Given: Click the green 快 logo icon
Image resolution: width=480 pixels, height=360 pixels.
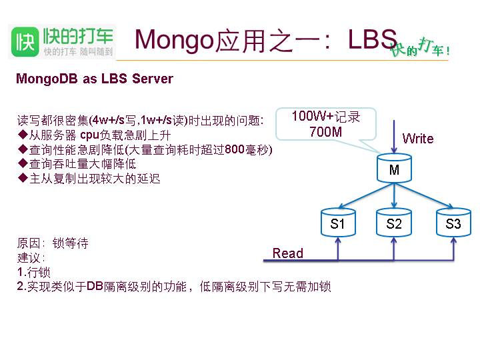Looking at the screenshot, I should pos(25,41).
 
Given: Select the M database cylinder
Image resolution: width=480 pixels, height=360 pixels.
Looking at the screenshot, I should pos(394,170).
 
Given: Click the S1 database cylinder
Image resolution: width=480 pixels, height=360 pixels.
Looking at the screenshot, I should pos(338,224).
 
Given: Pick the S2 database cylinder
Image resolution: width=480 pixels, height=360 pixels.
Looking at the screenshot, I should pos(394,224).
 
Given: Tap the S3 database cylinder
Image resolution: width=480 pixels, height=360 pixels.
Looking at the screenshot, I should pos(453,224).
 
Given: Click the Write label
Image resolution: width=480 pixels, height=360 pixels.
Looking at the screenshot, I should pos(418,139).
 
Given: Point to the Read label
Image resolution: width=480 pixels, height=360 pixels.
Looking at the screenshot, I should pos(288,253).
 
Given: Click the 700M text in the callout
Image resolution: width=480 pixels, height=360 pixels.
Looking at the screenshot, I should pos(325,132).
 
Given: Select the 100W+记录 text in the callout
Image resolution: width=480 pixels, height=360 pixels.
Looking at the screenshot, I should pos(325,117).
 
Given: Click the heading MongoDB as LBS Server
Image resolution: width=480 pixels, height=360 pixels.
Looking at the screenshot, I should pos(95,79).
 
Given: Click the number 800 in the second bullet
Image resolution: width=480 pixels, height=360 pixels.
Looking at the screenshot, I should pos(235,150).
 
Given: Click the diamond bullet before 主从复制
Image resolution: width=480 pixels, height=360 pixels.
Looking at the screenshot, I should pos(22,179).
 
